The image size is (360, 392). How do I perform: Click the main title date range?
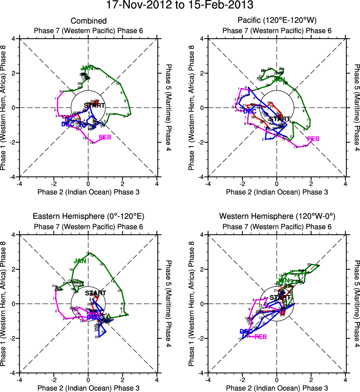click(x=180, y=6)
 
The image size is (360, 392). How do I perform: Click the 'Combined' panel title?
click(x=88, y=21)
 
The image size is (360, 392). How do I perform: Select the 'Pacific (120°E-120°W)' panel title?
click(x=277, y=21)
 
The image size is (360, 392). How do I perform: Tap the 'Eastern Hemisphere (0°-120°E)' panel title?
click(x=88, y=217)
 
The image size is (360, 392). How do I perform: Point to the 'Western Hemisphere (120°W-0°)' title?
click(x=277, y=217)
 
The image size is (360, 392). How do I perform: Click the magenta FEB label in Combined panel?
click(x=105, y=138)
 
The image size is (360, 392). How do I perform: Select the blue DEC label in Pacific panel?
click(x=250, y=111)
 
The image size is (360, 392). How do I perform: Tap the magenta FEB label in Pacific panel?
click(x=313, y=139)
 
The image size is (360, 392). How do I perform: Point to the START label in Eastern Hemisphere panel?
click(x=95, y=293)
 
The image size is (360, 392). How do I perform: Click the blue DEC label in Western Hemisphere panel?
click(x=246, y=331)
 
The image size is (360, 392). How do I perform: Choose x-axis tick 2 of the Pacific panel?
click(x=311, y=184)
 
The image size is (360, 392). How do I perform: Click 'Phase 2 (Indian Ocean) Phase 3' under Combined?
click(x=88, y=192)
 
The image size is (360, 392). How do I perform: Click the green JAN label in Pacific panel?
click(x=279, y=79)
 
